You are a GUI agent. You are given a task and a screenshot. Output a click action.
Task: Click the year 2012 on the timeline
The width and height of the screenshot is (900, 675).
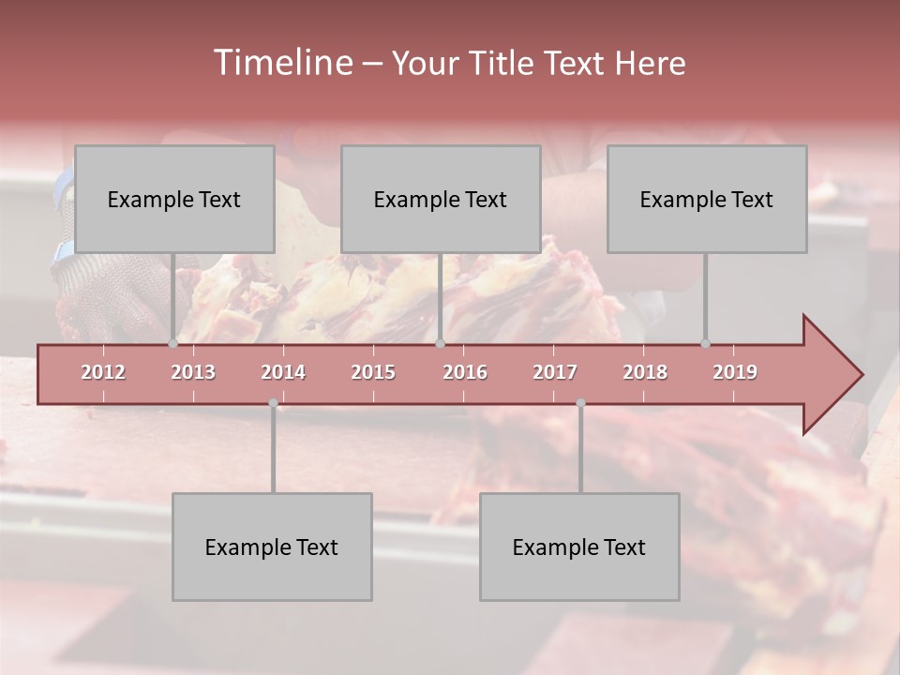[x=103, y=372]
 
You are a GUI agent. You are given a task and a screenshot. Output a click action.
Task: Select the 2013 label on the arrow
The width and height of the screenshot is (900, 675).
[x=193, y=372]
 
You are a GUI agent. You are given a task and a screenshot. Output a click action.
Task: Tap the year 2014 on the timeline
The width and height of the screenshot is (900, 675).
[x=283, y=372]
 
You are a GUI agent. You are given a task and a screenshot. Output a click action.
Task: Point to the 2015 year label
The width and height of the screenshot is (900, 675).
[x=373, y=372]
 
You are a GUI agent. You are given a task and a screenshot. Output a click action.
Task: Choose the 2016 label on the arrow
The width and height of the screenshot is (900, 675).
[x=465, y=372]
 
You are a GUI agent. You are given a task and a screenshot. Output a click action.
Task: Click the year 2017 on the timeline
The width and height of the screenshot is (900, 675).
[x=555, y=372]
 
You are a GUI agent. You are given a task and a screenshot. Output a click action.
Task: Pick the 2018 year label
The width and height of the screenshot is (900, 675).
[x=645, y=372]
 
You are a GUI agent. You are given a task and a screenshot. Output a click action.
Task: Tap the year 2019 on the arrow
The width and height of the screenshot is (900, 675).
[x=735, y=372]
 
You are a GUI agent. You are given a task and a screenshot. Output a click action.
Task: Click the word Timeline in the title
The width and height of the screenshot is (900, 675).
[x=281, y=63]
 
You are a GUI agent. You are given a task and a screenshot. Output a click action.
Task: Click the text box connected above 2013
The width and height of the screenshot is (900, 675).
[x=174, y=199]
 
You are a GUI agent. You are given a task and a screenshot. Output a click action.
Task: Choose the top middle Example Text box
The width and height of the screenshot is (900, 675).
[x=441, y=199]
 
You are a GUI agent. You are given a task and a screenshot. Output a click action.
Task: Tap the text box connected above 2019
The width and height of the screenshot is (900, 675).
[x=707, y=199]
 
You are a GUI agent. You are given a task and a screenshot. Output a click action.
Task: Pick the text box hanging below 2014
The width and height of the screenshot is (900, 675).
[x=272, y=547]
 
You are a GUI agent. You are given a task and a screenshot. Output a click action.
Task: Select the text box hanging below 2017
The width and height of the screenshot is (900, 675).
[x=579, y=547]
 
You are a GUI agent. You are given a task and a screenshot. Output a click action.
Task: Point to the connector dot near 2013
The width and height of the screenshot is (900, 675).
[x=172, y=343]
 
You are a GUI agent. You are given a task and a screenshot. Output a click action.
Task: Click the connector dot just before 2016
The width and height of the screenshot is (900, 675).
[x=441, y=343]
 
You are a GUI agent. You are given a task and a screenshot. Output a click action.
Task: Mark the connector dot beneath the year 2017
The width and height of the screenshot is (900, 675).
[x=580, y=403]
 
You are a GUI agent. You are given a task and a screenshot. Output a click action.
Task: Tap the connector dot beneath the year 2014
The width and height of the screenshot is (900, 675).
[x=273, y=403]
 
